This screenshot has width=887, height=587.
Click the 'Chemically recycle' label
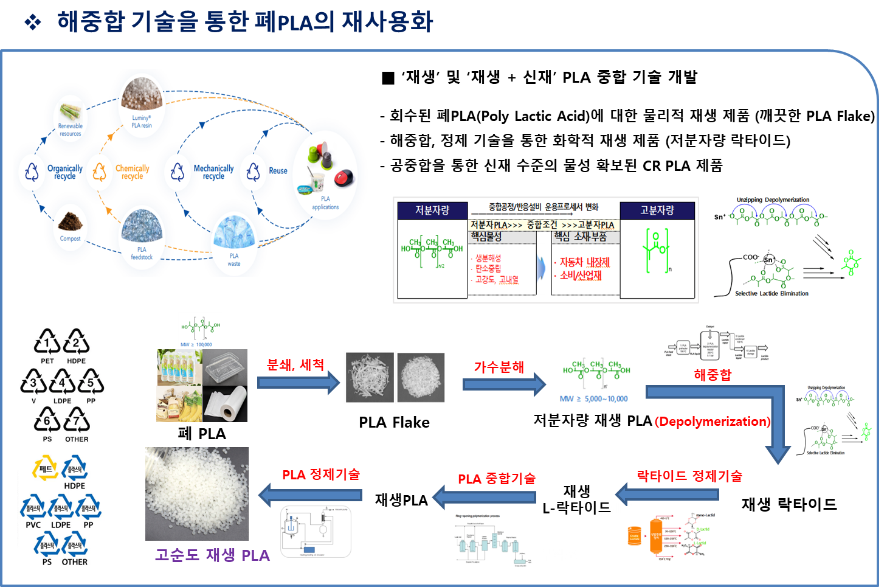click(x=132, y=172)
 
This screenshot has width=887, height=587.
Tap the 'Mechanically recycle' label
click(x=213, y=172)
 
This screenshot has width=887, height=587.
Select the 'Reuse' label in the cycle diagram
click(x=278, y=171)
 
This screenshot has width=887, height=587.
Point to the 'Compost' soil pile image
click(x=71, y=220)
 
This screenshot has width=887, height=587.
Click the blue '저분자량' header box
click(x=432, y=210)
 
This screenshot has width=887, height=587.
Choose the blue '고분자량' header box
click(x=657, y=210)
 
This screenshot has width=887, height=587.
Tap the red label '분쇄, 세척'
click(x=295, y=364)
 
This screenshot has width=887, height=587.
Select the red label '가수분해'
click(x=499, y=367)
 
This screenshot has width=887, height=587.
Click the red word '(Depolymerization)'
click(x=712, y=422)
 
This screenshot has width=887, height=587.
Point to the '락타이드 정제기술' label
click(x=689, y=476)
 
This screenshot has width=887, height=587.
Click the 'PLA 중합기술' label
click(x=496, y=479)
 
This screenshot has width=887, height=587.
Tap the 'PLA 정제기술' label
click(x=320, y=474)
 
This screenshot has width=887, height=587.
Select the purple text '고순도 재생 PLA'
click(x=212, y=555)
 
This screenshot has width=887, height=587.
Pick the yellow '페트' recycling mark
click(x=46, y=468)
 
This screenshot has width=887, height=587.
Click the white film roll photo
click(x=225, y=404)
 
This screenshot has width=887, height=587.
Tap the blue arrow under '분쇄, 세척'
click(x=299, y=383)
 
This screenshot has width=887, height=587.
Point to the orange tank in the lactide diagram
click(x=655, y=536)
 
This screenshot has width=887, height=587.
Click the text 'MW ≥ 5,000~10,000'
click(x=593, y=399)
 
